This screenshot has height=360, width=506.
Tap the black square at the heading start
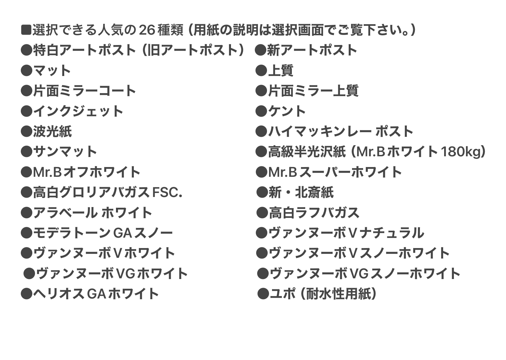(26, 30)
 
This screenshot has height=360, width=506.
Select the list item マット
(52, 71)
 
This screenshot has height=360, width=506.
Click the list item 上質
(281, 71)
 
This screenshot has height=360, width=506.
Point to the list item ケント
(287, 111)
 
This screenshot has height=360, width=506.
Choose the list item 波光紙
(52, 131)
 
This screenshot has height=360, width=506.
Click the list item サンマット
(65, 152)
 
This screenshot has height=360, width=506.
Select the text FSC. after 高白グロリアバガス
(167, 192)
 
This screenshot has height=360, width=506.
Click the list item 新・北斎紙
(301, 192)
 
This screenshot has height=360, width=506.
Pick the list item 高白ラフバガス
(314, 213)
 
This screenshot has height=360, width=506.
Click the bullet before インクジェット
(27, 111)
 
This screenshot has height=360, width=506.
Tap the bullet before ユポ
(263, 294)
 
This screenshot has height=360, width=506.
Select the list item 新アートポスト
(312, 50)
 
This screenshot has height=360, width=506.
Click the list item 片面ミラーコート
(84, 91)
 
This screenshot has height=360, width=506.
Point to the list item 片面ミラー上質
(313, 91)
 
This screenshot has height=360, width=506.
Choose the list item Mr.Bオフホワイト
(87, 172)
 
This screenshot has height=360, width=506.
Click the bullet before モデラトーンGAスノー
(27, 233)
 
